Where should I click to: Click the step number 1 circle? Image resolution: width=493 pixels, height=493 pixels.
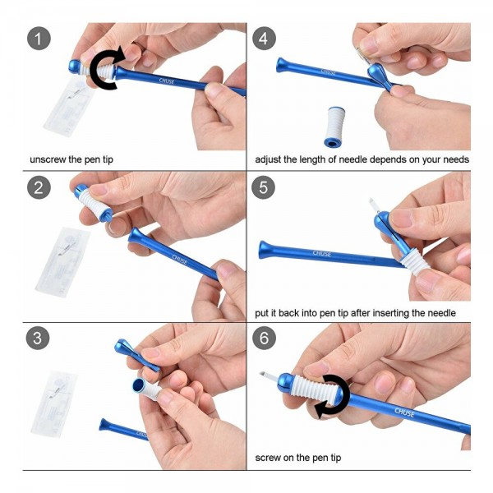39,39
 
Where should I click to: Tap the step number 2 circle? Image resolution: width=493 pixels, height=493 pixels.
39,187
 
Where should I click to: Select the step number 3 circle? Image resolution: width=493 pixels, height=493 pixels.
38,338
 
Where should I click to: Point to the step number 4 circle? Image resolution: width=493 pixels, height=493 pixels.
264,39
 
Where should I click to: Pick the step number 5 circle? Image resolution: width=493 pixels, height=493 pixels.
264,187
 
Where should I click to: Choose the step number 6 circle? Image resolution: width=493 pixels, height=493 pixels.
264,338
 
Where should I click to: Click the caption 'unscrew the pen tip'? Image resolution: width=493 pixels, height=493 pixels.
71,159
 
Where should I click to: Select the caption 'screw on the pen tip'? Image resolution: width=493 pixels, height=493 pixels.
298,458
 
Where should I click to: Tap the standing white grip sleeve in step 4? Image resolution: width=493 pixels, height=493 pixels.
334,127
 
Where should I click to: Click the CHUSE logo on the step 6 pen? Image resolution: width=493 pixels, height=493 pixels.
404,412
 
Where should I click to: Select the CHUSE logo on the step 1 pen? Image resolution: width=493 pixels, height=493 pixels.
167,81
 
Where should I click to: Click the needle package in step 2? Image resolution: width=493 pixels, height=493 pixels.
63,261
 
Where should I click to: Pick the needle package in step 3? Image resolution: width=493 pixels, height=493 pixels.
54,403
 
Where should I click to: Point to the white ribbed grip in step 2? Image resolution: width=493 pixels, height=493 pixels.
91,202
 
